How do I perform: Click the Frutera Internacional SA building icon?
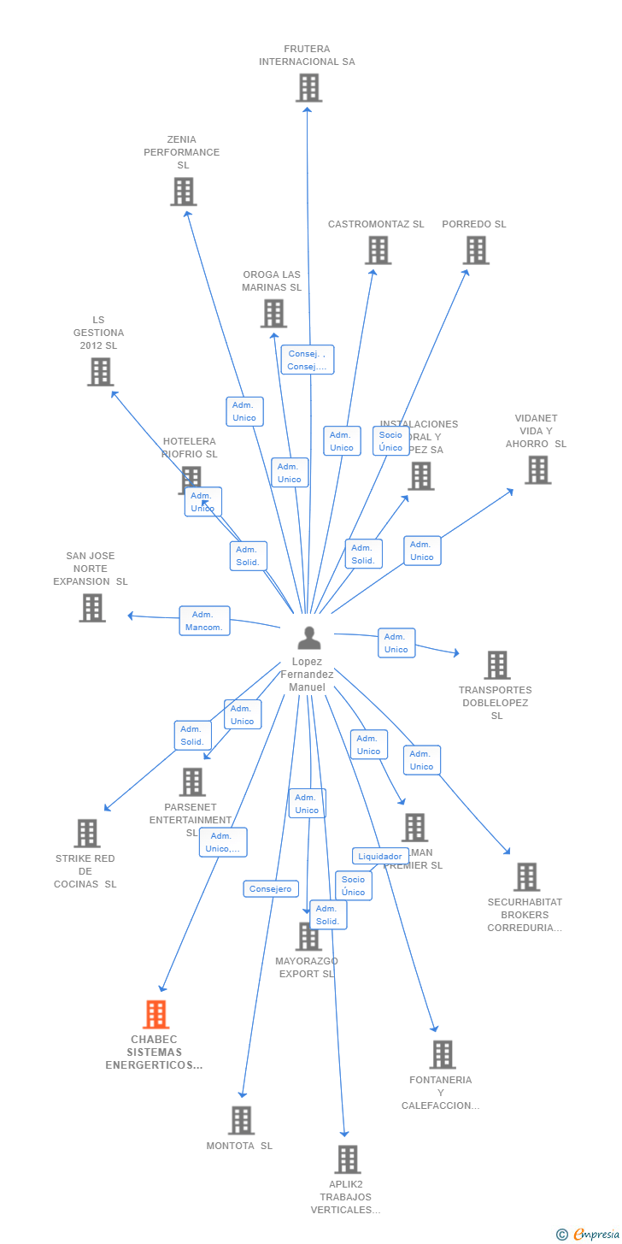pyautogui.click(x=308, y=88)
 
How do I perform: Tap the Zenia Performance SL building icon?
pyautogui.click(x=183, y=192)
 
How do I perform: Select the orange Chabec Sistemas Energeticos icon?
pyautogui.click(x=155, y=1015)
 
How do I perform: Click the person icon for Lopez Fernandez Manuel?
pyautogui.click(x=308, y=638)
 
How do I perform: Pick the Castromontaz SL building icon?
pyautogui.click(x=378, y=251)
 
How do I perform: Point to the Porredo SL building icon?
pyautogui.click(x=476, y=251)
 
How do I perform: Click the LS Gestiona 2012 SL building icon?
pyautogui.click(x=100, y=372)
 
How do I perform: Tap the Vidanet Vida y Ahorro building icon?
pyautogui.click(x=537, y=470)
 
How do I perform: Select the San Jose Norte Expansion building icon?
pyautogui.click(x=92, y=608)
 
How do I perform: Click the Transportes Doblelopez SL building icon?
pyautogui.click(x=497, y=665)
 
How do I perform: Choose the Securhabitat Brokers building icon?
pyautogui.click(x=526, y=877)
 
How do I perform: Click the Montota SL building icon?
pyautogui.click(x=241, y=1121)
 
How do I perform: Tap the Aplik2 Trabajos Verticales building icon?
pyautogui.click(x=347, y=1160)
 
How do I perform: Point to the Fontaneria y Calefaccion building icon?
pyautogui.click(x=443, y=1055)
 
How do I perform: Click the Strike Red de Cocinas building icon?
pyautogui.click(x=87, y=834)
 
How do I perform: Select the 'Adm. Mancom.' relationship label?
pyautogui.click(x=204, y=621)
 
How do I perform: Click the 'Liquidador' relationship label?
pyautogui.click(x=380, y=856)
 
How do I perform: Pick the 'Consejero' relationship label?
pyautogui.click(x=271, y=889)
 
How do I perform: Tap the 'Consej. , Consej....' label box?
pyautogui.click(x=307, y=360)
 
